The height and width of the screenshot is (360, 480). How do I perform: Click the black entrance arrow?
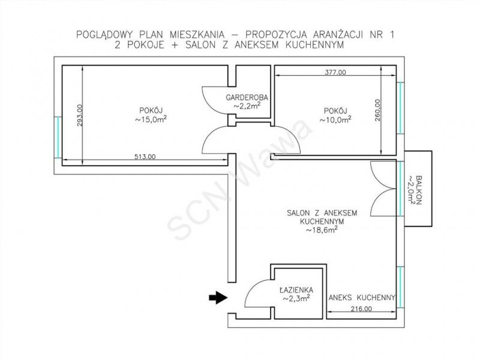coord(218,297)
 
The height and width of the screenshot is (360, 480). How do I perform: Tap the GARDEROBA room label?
coord(247,98)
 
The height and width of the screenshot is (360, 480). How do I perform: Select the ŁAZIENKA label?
coord(296,290)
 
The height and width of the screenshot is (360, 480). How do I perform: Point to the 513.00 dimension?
coord(145,157)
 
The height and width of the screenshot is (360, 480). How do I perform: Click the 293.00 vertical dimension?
coord(80,115)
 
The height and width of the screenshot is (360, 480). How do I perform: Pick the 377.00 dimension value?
coord(335,73)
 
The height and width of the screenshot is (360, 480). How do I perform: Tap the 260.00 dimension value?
coord(377,110)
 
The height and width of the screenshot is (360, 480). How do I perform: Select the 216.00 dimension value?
coord(361,309)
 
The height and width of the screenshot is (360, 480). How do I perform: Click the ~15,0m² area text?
coord(151,119)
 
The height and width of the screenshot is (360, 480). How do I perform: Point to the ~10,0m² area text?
coord(335,119)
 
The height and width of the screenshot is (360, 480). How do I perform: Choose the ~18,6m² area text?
coord(322,230)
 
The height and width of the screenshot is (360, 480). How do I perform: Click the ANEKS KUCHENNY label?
coord(362,297)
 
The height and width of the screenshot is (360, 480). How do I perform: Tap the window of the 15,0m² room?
coord(58,137)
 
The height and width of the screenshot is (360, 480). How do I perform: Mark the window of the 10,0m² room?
coord(400,108)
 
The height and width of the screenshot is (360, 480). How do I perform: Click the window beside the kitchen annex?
coord(400,287)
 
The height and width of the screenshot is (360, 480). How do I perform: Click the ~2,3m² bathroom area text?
coord(296,298)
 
